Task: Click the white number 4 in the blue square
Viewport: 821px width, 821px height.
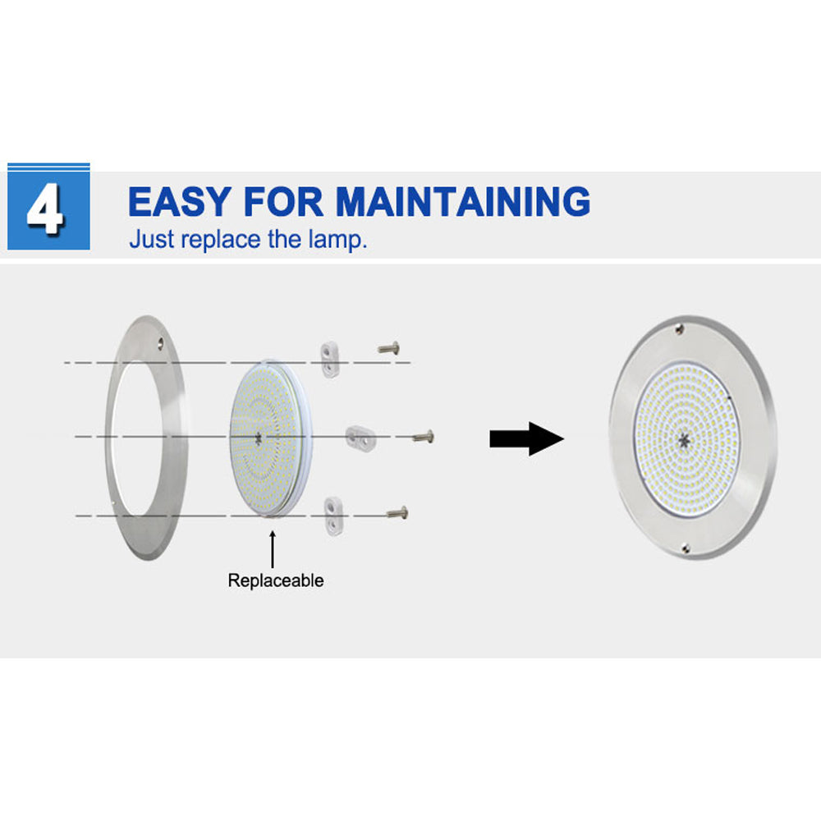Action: (x=46, y=209)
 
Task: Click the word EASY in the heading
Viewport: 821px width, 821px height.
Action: (x=180, y=202)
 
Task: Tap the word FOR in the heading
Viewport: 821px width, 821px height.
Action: (x=283, y=202)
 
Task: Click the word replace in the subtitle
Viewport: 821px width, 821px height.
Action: (x=221, y=240)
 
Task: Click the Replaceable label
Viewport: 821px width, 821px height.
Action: (x=276, y=580)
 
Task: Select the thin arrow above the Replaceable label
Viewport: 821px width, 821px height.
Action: (x=273, y=549)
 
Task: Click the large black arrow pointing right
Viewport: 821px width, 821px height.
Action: (x=527, y=438)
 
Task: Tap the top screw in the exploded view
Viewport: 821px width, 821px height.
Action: (x=389, y=347)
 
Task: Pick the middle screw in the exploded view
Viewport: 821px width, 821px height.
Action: (x=424, y=436)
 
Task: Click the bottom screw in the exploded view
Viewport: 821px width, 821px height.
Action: (x=397, y=512)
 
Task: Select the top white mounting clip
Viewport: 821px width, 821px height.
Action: (x=330, y=360)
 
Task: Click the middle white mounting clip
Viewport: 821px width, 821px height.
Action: (x=360, y=436)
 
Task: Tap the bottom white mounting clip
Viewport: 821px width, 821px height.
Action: (x=333, y=516)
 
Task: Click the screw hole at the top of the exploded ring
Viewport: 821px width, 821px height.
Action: (x=161, y=343)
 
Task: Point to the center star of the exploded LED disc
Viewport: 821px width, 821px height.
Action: (x=258, y=438)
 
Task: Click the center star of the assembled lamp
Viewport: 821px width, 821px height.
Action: (x=683, y=440)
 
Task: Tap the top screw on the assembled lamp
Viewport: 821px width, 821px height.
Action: (x=680, y=329)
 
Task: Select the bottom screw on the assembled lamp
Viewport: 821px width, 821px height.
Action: (x=686, y=548)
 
